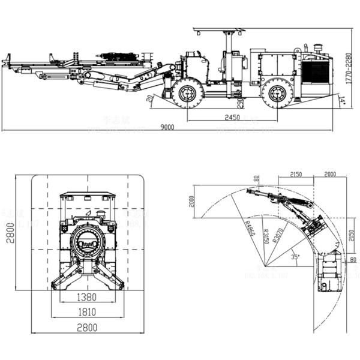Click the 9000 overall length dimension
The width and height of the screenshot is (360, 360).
[x=167, y=126]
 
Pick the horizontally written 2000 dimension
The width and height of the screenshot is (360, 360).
[x=329, y=174]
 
